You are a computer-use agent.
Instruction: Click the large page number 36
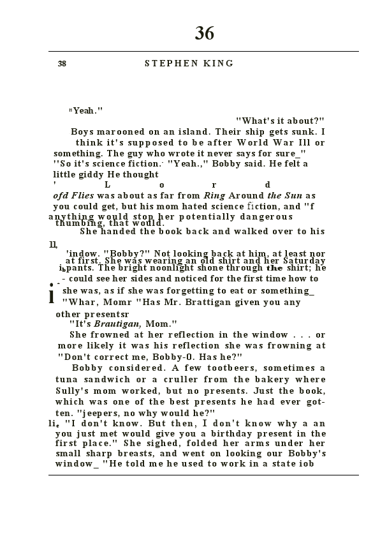205,33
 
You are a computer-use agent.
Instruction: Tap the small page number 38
62,63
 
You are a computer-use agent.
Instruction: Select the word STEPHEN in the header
168,63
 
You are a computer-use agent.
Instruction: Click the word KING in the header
219,63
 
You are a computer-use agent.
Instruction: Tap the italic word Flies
82,195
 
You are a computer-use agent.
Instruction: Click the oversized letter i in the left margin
52,295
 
